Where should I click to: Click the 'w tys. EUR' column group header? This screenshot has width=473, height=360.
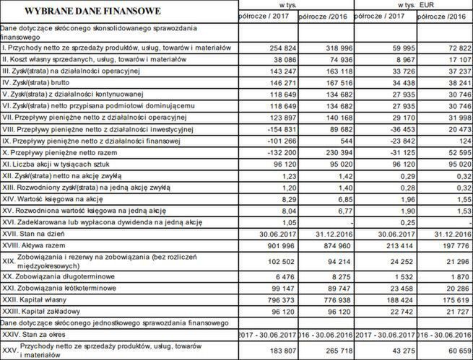412,5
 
